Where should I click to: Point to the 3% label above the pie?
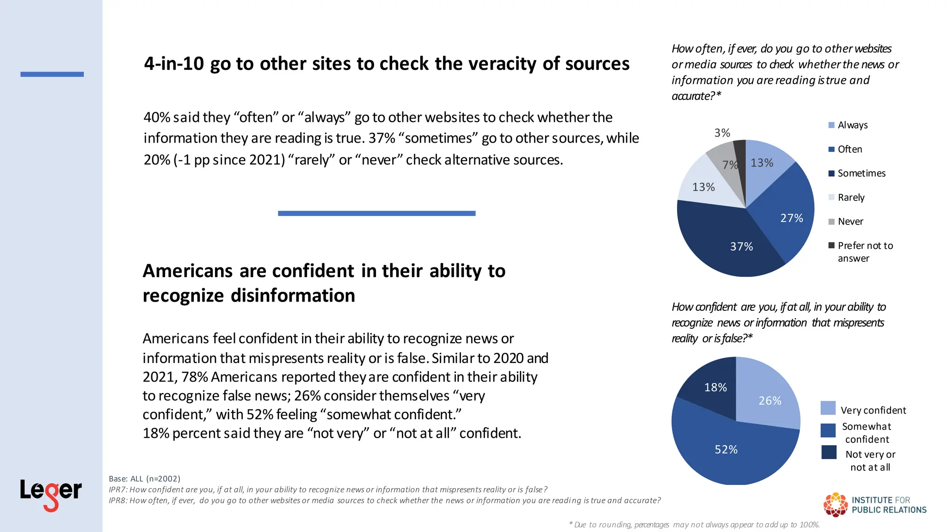[x=722, y=133]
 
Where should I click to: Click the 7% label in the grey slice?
[x=730, y=165]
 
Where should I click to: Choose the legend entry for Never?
[x=850, y=222]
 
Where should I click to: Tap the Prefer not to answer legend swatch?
[x=831, y=245]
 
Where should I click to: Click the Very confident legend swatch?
[x=828, y=408]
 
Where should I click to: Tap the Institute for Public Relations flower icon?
[x=836, y=504]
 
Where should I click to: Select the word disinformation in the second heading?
[x=293, y=296]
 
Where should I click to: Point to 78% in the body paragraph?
[x=195, y=377]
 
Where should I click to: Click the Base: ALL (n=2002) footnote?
[x=145, y=479]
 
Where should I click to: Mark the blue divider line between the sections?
[x=376, y=213]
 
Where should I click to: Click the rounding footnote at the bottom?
[x=694, y=525]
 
